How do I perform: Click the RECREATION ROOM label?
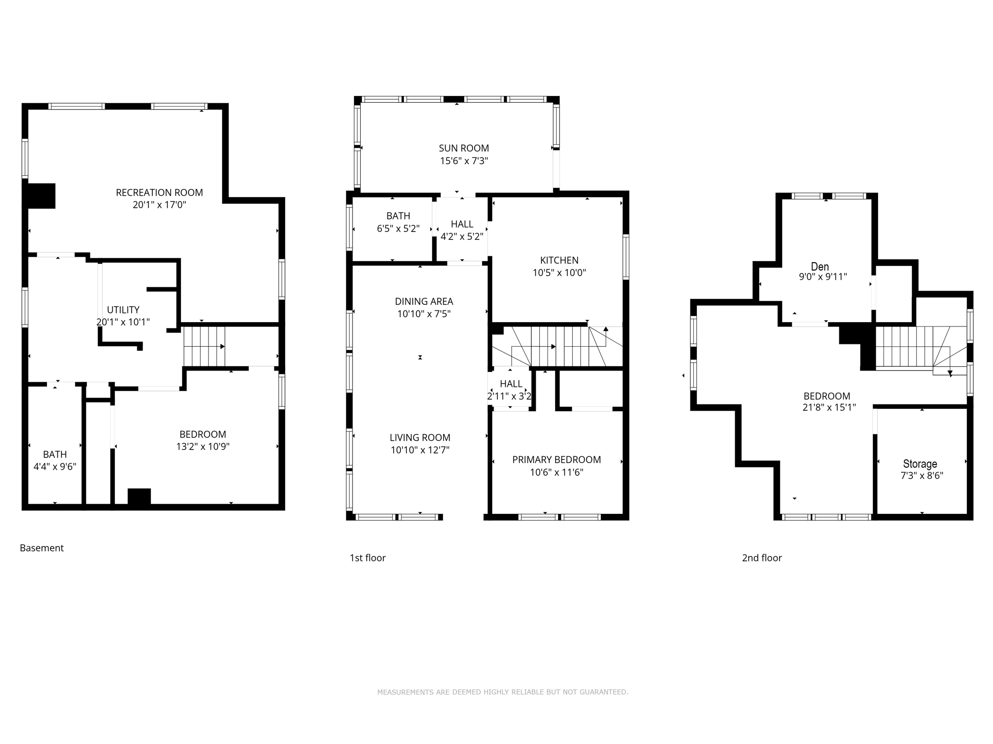coord(159,192)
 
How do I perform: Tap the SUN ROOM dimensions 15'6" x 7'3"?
coord(464,161)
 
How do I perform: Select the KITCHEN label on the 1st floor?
coord(559,260)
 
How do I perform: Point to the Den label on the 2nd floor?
coord(820,266)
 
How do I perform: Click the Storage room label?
coord(920,464)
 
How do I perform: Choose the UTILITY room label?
coord(123,310)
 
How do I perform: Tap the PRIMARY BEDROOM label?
coord(556,460)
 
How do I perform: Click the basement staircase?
coord(204,346)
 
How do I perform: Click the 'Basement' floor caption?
coord(42,548)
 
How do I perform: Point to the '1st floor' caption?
coord(368,558)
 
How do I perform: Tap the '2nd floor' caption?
coord(762,558)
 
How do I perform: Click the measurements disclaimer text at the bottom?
coord(502,692)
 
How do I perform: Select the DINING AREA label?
coord(424,301)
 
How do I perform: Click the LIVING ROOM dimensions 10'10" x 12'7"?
coord(420,450)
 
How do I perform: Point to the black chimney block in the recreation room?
coord(42,196)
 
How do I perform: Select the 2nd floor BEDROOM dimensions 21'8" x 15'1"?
coord(829,408)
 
